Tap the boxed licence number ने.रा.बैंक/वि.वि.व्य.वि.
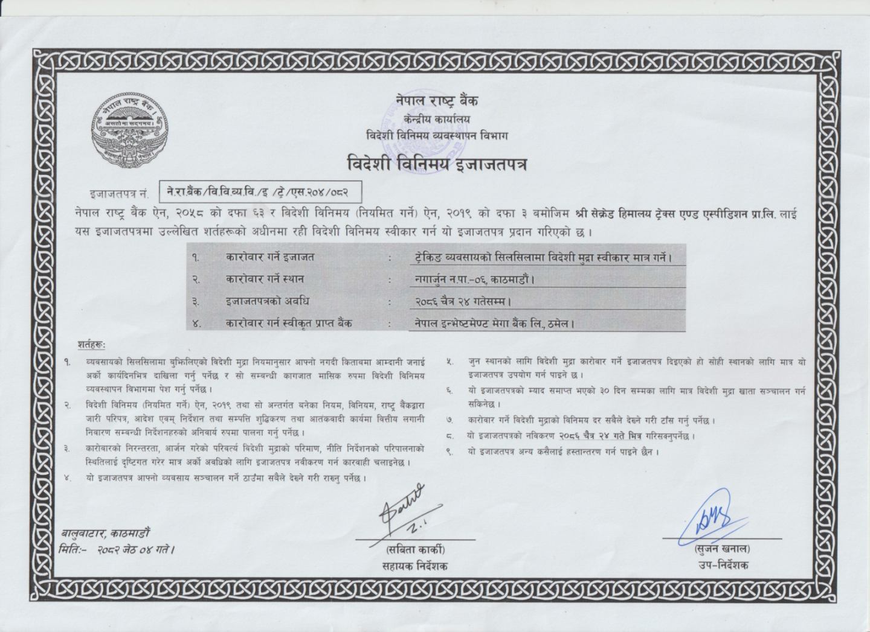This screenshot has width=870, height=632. pyautogui.click(x=260, y=193)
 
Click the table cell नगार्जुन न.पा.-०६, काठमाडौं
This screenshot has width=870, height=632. pyautogui.click(x=471, y=279)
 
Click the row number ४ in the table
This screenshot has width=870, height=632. pyautogui.click(x=196, y=324)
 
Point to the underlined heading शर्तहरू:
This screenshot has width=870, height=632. pyautogui.click(x=91, y=345)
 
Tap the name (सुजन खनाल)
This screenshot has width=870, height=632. pyautogui.click(x=722, y=549)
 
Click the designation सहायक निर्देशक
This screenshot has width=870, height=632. pyautogui.click(x=415, y=566)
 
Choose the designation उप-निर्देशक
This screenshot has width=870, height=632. pyautogui.click(x=722, y=565)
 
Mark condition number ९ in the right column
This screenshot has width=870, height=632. pyautogui.click(x=449, y=451)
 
